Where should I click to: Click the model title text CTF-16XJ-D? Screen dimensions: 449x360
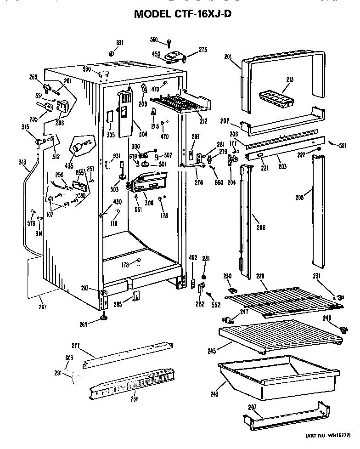click(182, 14)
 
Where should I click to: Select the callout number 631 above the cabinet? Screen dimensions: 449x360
click(119, 43)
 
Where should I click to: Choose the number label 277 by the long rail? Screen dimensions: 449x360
click(76, 345)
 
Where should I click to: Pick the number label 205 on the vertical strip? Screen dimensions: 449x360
click(300, 198)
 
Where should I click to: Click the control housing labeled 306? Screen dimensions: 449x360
click(148, 184)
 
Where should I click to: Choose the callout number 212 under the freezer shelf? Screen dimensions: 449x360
click(203, 121)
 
